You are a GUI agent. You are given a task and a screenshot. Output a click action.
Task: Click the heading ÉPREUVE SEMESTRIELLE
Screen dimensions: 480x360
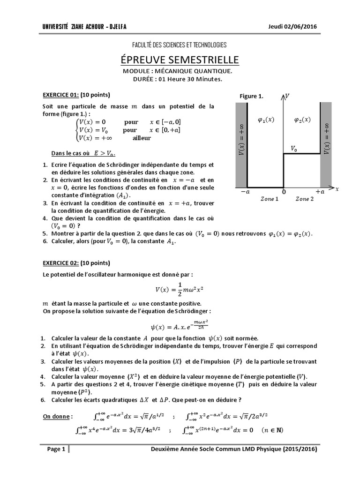click(180, 60)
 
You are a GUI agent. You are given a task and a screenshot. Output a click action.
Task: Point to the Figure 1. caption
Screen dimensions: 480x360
click(251, 96)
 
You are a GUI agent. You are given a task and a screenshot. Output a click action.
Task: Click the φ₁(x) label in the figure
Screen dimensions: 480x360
click(266, 120)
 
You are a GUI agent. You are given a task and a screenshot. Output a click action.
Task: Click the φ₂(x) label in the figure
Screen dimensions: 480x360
click(302, 120)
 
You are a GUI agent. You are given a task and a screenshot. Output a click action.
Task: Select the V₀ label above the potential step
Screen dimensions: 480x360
click(293, 148)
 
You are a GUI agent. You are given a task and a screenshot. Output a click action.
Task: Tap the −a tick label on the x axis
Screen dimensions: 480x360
click(245, 192)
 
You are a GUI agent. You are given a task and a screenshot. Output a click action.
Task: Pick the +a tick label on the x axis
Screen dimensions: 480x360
click(320, 192)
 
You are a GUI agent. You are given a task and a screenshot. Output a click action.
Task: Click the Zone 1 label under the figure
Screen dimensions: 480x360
click(270, 199)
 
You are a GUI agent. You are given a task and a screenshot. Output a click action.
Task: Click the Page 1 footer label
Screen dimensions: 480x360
click(56, 450)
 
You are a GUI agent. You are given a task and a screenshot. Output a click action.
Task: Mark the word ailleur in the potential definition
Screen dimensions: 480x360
click(142, 138)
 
